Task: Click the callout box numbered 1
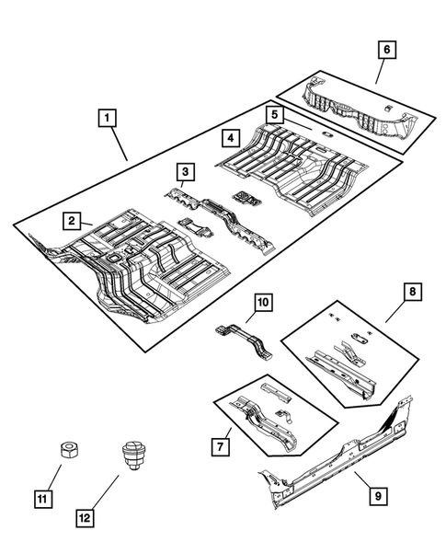tap(109, 118)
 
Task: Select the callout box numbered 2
tap(70, 220)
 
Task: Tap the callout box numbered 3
tap(185, 171)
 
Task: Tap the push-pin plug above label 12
tap(131, 456)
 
